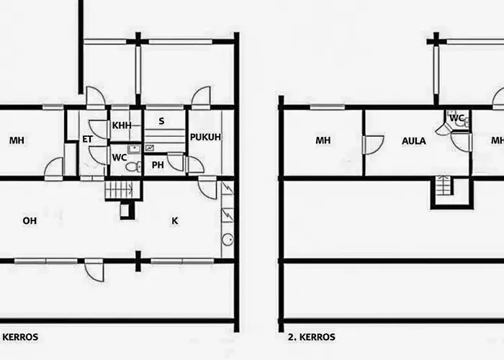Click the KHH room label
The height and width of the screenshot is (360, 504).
pos(122,125)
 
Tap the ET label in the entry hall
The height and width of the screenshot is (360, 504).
pos(86,139)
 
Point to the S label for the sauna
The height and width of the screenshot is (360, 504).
pos(161,121)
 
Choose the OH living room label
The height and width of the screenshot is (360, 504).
pos(30,221)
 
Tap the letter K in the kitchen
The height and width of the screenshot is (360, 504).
pos(174,221)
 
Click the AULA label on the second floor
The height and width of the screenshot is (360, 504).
pos(413,141)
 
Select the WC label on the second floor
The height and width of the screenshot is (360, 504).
pos(456,118)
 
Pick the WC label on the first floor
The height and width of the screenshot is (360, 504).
pos(119,157)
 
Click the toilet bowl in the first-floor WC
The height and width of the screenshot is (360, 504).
pos(132,167)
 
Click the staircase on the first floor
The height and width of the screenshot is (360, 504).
pos(118,190)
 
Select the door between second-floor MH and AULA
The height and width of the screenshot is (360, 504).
pos(372,145)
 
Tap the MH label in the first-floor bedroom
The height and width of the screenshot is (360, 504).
pos(17,140)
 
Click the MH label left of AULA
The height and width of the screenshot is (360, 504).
pos(323,140)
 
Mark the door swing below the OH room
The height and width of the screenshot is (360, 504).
pos(94,270)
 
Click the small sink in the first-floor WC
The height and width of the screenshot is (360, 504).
pos(133,149)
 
